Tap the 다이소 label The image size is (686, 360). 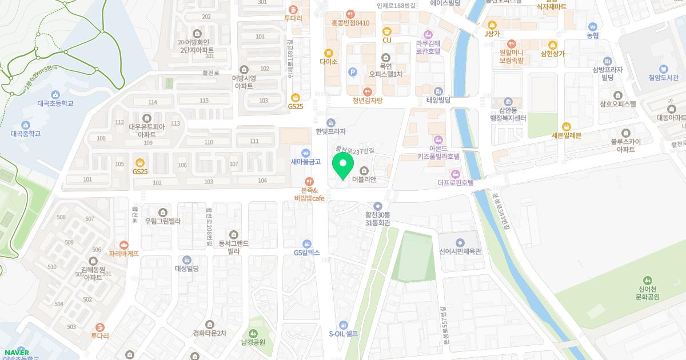329,61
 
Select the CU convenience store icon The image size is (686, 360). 387,31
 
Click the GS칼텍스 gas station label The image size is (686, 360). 307,253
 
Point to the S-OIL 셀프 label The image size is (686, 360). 343,334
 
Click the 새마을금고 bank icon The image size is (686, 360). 306,153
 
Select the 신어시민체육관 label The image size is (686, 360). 460,251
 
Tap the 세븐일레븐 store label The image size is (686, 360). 566,135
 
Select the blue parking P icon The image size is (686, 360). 352,71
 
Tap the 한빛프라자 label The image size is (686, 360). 331,131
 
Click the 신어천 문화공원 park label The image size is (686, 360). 648,293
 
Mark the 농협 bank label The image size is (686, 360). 593,35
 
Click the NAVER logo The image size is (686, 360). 15,352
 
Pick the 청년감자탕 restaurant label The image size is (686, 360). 368,101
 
